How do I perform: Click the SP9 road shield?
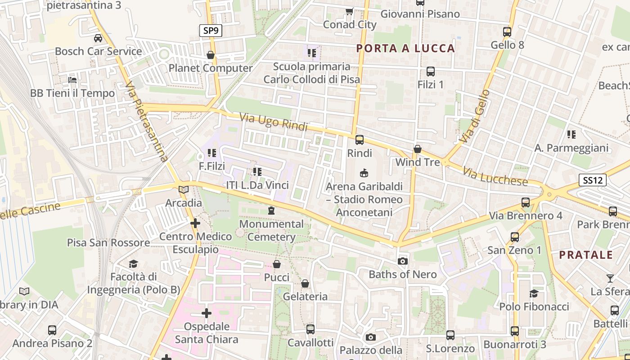coord(211,31)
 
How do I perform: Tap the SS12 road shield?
coord(592,180)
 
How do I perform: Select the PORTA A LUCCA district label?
coord(405,49)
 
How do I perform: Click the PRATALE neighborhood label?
coord(586,255)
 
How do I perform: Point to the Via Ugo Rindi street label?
coord(273,122)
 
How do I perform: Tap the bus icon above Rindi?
coord(359,140)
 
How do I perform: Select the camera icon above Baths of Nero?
coord(403,261)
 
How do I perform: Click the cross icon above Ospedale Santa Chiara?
coord(207,313)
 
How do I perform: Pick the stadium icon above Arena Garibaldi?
coord(364,173)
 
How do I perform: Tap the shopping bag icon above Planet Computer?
coord(210,55)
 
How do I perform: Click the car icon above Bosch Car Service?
coord(98,38)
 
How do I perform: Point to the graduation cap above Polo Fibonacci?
coord(534,293)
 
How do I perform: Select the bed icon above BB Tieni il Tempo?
coord(72,80)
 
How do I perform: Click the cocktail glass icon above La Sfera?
coord(610,278)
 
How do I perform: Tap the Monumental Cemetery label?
coord(271,230)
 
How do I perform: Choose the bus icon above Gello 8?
coord(507,32)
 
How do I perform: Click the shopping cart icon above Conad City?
coord(349,11)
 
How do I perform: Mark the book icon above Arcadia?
coord(183,190)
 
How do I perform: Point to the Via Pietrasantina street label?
coord(147,121)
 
